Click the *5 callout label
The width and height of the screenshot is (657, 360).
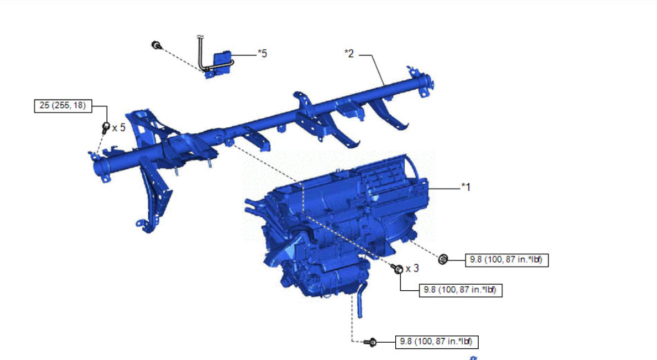point(263,54)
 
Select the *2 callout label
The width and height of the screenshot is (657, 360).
point(349,53)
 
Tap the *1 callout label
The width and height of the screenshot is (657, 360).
point(466,187)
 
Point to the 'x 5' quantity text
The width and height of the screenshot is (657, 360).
point(119,127)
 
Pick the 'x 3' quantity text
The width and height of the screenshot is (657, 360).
point(412,268)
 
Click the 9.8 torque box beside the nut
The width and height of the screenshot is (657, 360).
point(506,260)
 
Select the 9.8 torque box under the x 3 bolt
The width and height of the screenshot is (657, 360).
point(461,290)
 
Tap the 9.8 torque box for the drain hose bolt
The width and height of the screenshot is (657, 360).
point(437,342)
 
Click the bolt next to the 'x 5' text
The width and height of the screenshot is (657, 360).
point(106,127)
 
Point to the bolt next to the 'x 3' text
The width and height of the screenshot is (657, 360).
point(397,268)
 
